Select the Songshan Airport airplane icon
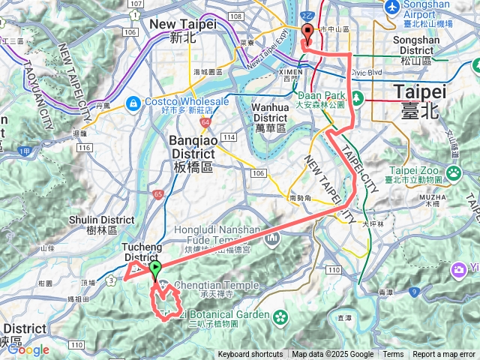point(390,7)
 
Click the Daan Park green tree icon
point(358,97)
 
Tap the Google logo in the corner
point(28,350)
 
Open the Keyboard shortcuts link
point(250,355)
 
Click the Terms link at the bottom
point(393,355)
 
